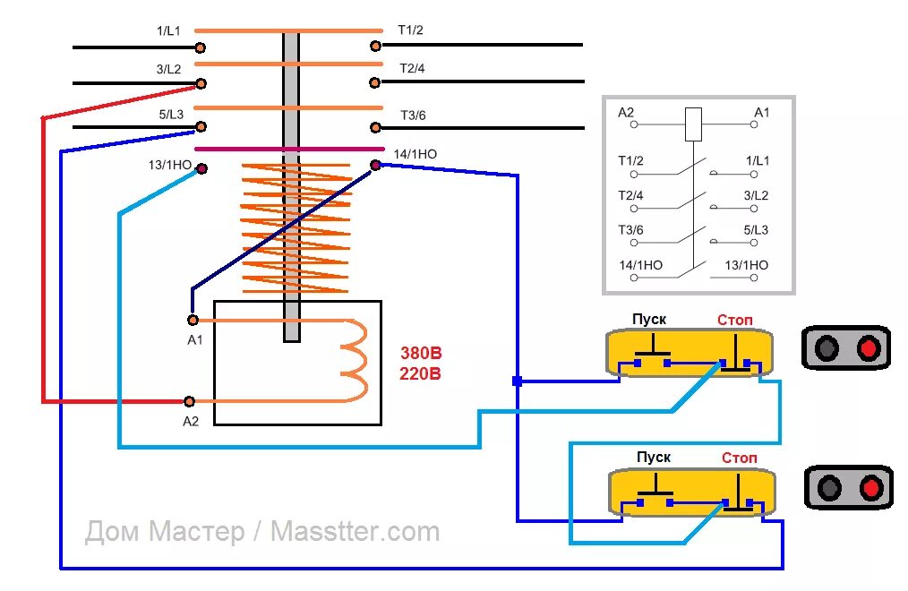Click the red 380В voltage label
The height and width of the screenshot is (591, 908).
click(x=421, y=354)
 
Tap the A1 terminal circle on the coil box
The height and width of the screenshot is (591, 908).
click(x=192, y=320)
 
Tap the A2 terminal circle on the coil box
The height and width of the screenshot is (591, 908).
click(x=189, y=402)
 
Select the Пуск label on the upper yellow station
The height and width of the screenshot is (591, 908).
click(x=649, y=320)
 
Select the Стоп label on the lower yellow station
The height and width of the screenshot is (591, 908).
click(x=740, y=458)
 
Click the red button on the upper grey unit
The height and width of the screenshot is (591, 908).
click(x=867, y=348)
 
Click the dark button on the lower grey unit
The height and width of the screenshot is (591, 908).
click(x=830, y=488)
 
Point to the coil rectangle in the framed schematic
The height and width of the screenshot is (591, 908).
click(x=693, y=124)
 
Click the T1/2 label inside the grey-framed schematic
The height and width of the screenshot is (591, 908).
click(x=630, y=161)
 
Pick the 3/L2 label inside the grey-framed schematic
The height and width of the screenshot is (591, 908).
click(x=756, y=195)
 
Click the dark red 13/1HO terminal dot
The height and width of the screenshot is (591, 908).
click(x=201, y=167)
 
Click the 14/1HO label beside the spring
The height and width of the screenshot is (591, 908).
click(x=415, y=154)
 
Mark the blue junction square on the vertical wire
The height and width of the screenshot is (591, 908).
click(x=518, y=381)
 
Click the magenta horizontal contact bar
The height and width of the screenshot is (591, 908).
click(x=289, y=149)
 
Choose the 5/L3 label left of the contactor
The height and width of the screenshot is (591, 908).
click(x=170, y=114)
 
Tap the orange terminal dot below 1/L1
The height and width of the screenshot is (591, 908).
click(x=201, y=46)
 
